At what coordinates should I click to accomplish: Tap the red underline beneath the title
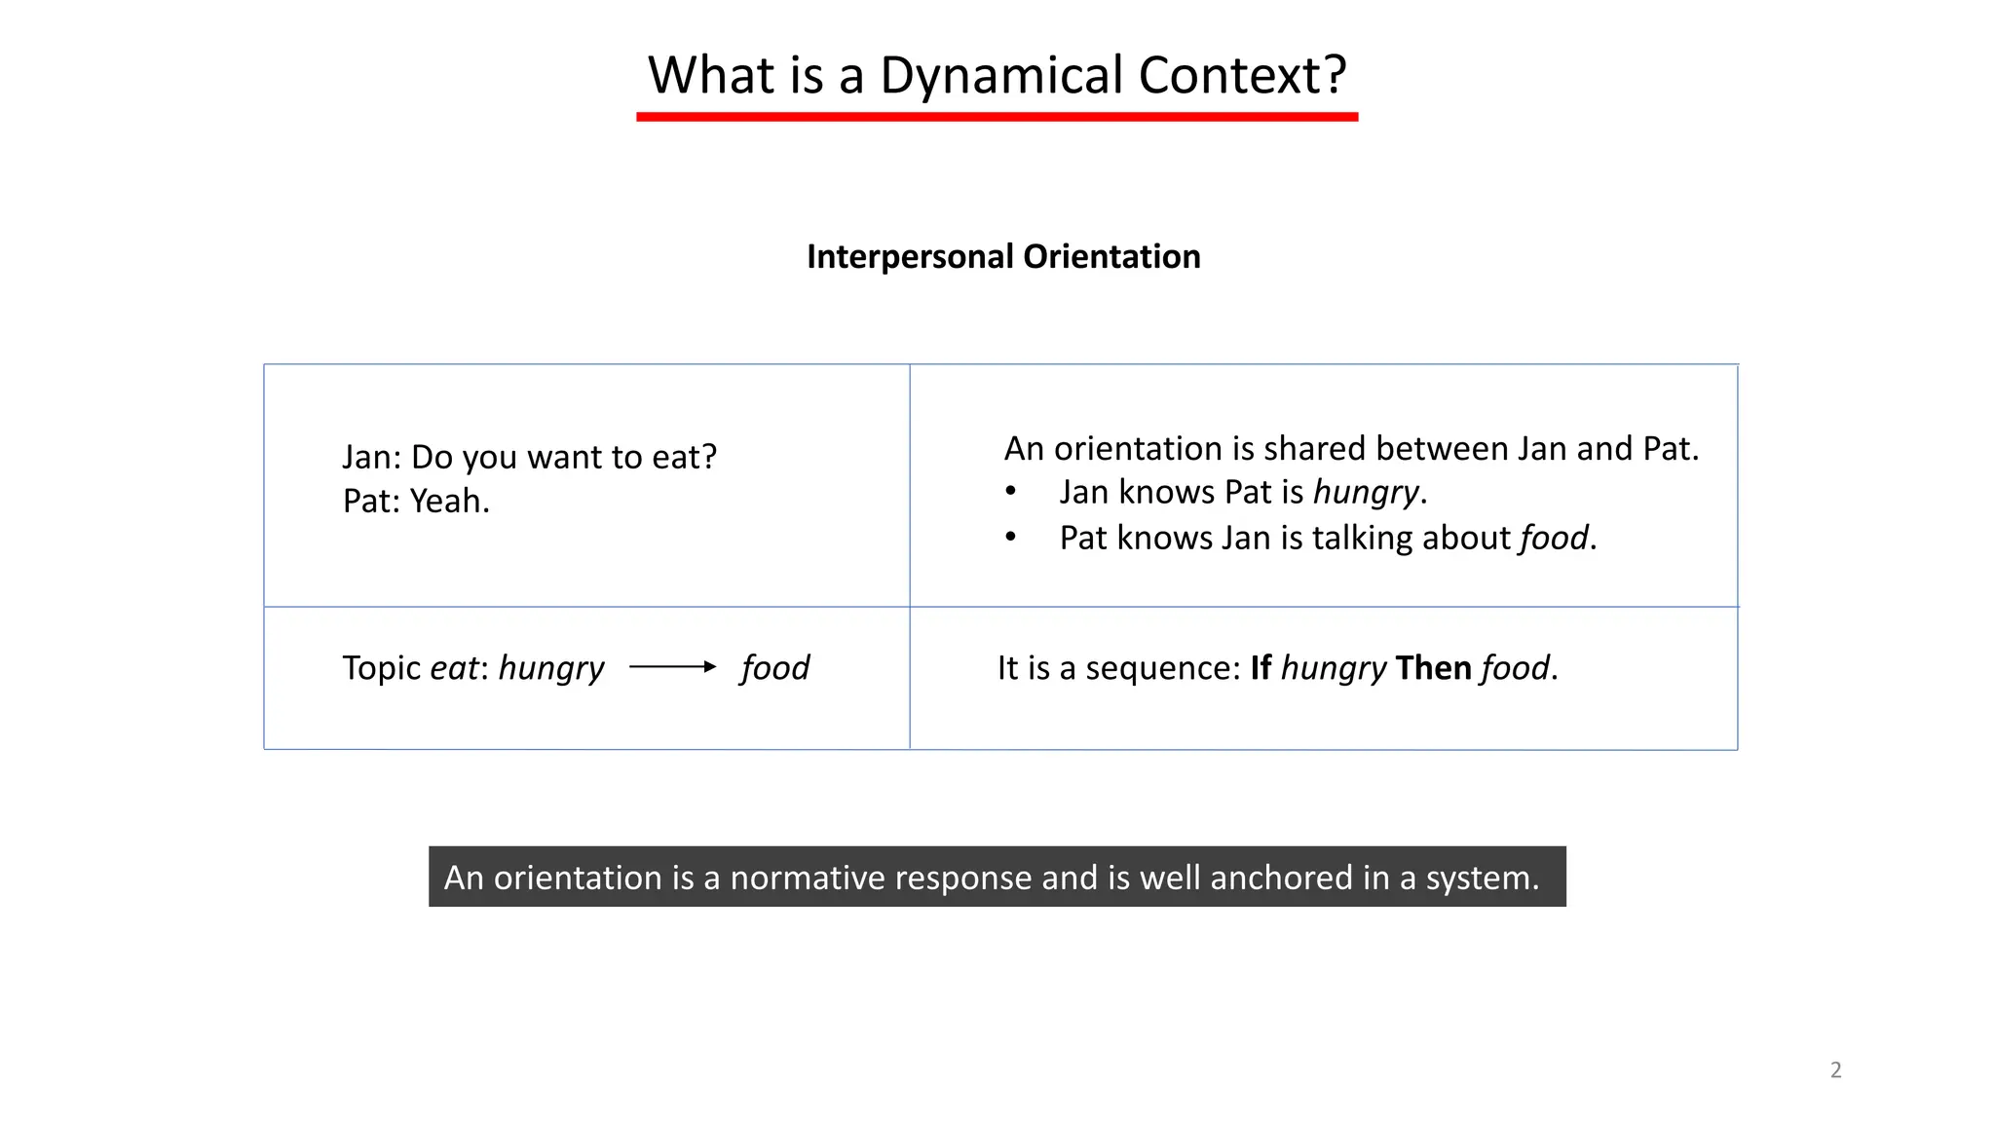(x=997, y=117)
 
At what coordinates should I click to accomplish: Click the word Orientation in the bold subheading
(x=1111, y=257)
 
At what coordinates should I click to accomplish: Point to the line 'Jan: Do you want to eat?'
(x=529, y=457)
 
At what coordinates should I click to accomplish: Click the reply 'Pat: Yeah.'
(x=416, y=501)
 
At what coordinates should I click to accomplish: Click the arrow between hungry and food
(x=672, y=667)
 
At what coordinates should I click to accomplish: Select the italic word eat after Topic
(x=454, y=668)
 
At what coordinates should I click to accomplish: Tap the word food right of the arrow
(x=774, y=668)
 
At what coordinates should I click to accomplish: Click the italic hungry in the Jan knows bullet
(x=1365, y=493)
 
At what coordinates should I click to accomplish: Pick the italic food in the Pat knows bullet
(x=1554, y=538)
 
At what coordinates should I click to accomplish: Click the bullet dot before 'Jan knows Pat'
(x=1011, y=492)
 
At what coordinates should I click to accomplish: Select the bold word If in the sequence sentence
(x=1261, y=668)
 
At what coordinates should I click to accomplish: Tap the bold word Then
(x=1433, y=668)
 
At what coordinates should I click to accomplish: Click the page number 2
(x=1835, y=1069)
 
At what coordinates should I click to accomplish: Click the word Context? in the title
(x=1242, y=76)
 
